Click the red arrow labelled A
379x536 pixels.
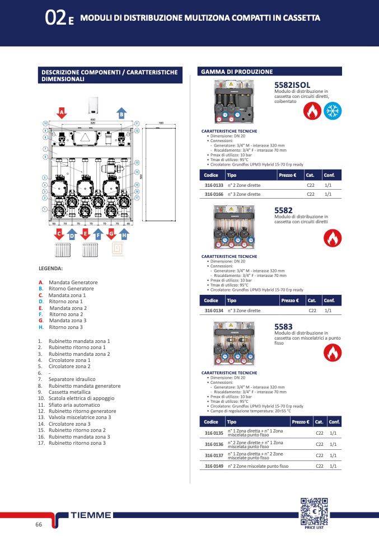pyautogui.click(x=62, y=112)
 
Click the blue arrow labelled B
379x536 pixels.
pyautogui.click(x=120, y=112)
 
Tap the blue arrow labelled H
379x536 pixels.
pyautogui.click(x=124, y=236)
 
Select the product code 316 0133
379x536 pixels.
pyautogui.click(x=214, y=185)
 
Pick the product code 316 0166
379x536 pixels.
pyautogui.click(x=214, y=194)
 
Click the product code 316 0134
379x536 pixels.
pyautogui.click(x=214, y=310)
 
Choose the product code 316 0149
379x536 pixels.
pyautogui.click(x=214, y=466)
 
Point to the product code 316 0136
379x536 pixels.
pyautogui.click(x=214, y=444)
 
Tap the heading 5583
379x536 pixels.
pyautogui.click(x=283, y=326)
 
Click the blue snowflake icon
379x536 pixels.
pyautogui.click(x=334, y=111)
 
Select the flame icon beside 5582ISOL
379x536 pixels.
pyautogui.click(x=312, y=111)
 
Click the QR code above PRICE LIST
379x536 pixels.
pyautogui.click(x=314, y=511)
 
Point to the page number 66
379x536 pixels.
pyautogui.click(x=39, y=524)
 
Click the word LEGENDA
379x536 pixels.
pyautogui.click(x=50, y=268)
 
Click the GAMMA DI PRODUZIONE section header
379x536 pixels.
pyautogui.click(x=236, y=72)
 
